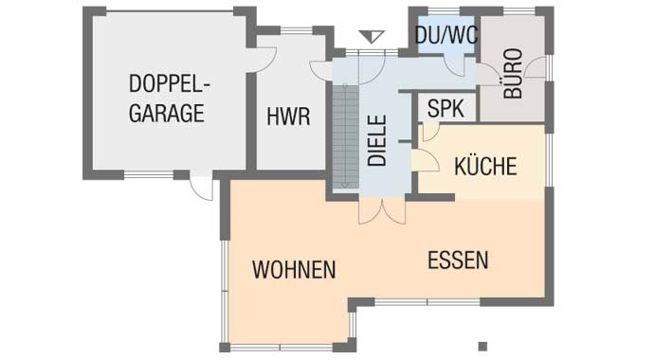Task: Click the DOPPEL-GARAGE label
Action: tap(169, 99)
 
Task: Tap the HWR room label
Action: tap(289, 117)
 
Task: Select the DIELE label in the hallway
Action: tap(377, 140)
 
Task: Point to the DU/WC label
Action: tap(446, 35)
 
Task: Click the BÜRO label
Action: tap(513, 73)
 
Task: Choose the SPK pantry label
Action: tap(445, 108)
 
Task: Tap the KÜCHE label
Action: tap(485, 166)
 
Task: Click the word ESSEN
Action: tap(458, 260)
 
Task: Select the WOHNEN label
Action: tap(294, 270)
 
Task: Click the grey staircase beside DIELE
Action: tap(345, 136)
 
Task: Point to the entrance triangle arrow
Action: tap(372, 37)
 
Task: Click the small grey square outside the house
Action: tap(482, 346)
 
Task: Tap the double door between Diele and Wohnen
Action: tap(382, 211)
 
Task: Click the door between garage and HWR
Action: tap(265, 60)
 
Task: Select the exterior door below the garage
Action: tap(202, 188)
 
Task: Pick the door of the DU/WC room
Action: tap(455, 65)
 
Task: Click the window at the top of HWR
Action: tap(296, 31)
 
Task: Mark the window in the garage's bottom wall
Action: tap(149, 175)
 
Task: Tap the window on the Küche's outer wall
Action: tap(550, 159)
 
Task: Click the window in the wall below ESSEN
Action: tap(427, 301)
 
